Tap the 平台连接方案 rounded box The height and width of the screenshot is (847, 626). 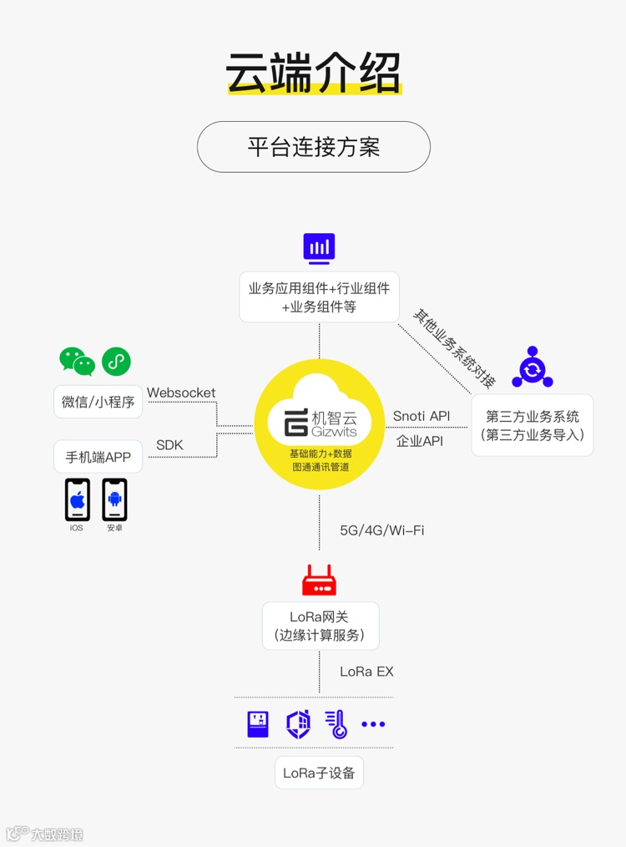point(313,147)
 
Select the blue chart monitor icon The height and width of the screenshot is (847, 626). point(319,248)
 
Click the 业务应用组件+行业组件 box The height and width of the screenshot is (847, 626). point(319,297)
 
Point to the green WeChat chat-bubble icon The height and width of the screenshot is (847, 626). point(77,361)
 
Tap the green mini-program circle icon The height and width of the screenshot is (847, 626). point(116,361)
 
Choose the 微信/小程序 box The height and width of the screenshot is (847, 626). point(98,402)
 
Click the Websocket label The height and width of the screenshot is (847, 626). point(181,393)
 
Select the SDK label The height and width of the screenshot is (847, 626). point(169,445)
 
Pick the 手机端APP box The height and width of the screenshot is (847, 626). point(98,457)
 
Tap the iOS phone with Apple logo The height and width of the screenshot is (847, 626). point(78,500)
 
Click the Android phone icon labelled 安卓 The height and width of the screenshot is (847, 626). point(115,500)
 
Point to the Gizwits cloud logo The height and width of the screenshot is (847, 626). point(319,423)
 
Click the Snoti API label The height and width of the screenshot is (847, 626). point(422,416)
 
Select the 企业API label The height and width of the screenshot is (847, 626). point(420,441)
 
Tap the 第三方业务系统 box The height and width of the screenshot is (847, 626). point(532,425)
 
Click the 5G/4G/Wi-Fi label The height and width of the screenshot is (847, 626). point(381,530)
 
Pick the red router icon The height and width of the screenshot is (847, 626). point(319,580)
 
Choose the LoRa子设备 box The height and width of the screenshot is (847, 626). point(319,773)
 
